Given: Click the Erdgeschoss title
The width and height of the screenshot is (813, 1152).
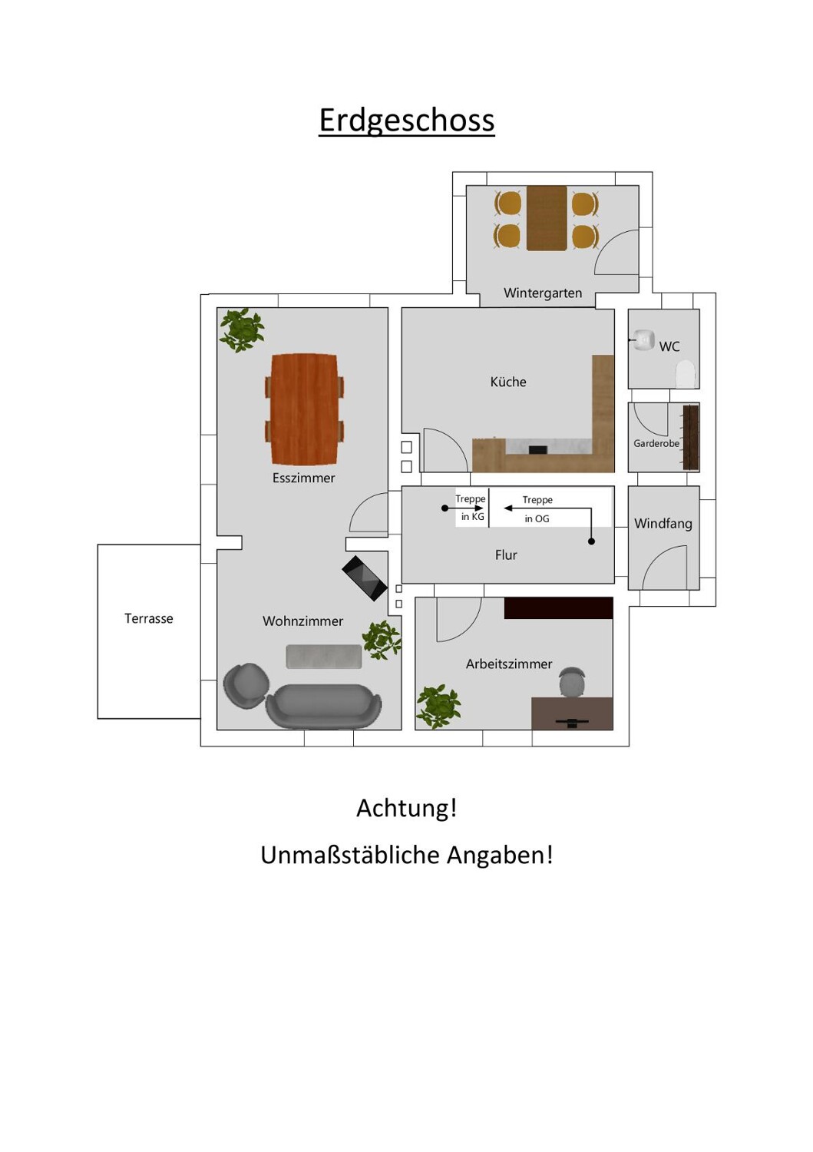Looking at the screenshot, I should pos(406,121).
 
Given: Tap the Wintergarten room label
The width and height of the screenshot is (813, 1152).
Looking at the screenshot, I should pos(542,293).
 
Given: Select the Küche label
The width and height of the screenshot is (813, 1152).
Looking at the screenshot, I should pos(508,382).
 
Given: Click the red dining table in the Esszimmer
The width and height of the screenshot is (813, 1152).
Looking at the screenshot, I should pos(304,409).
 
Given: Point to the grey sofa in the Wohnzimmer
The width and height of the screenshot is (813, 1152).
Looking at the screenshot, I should pos(323,705).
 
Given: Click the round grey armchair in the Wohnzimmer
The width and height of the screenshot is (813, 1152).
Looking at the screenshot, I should pos(246,685).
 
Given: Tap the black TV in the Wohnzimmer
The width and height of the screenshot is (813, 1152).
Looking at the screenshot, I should pos(364,577).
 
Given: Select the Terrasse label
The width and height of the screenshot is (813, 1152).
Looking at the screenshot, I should pos(149,618).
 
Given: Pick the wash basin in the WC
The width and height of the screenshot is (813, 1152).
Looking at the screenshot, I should pos(643,339).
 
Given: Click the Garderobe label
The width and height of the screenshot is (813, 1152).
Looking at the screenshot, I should pos(656,443).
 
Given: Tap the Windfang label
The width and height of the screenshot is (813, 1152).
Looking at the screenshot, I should pos(663,524).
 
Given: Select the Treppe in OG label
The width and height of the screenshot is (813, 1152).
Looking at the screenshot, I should pos(537,508).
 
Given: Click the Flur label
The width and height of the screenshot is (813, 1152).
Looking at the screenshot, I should pos(506,554).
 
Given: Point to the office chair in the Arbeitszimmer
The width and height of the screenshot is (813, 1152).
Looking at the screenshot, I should pos(572,682).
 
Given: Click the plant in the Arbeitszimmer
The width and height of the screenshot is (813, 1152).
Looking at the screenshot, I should pos(438,706).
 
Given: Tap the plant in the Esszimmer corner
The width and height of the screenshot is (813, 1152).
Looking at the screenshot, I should pos(243,329).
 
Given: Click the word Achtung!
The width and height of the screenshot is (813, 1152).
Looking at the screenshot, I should pos(406,808).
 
